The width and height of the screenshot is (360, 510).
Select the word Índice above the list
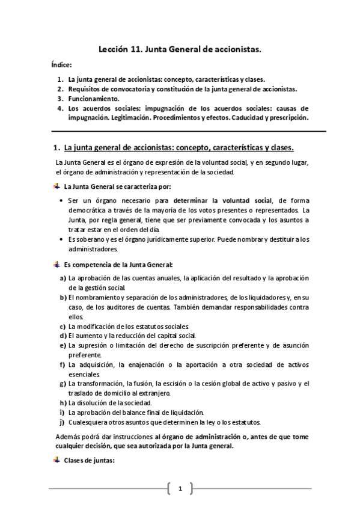(x=61, y=65)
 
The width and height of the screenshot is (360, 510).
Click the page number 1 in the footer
(x=180, y=488)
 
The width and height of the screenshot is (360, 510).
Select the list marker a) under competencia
(x=63, y=278)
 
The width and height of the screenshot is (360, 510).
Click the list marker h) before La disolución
(x=63, y=403)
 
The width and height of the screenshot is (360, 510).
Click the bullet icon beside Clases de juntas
(x=56, y=461)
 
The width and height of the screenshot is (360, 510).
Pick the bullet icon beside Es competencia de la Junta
(x=56, y=264)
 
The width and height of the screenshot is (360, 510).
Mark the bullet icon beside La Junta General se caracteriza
(x=56, y=186)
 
